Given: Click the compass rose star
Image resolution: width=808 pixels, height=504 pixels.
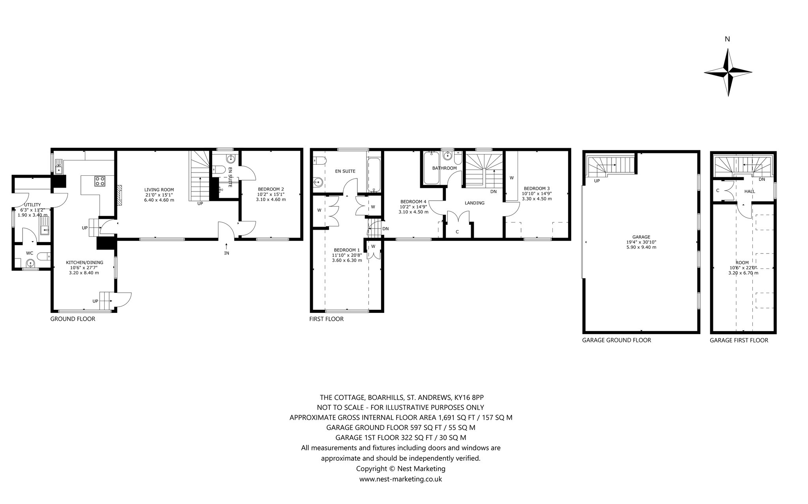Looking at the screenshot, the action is point(728,72).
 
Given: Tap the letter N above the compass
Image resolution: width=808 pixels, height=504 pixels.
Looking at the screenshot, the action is point(728,39).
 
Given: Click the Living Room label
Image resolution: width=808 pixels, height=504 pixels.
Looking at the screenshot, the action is point(159,190).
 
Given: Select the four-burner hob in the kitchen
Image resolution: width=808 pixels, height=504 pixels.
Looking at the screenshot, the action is point(99,181).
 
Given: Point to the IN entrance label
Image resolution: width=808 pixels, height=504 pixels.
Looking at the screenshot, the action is point(226,253).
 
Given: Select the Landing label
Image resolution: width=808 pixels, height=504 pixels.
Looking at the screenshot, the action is point(474,203).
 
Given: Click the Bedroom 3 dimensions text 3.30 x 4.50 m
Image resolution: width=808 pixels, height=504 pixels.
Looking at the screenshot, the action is point(537,199).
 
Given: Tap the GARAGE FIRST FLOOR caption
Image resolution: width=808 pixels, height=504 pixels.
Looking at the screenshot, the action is point(739,340).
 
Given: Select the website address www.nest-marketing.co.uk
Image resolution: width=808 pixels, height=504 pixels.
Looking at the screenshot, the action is point(400,479).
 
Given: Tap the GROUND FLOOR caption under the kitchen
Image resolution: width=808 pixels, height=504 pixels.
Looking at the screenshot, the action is point(73,319).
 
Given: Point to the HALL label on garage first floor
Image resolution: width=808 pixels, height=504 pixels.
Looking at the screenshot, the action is point(750,191).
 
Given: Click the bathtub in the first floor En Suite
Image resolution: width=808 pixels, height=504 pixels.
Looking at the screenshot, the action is point(374,175).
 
